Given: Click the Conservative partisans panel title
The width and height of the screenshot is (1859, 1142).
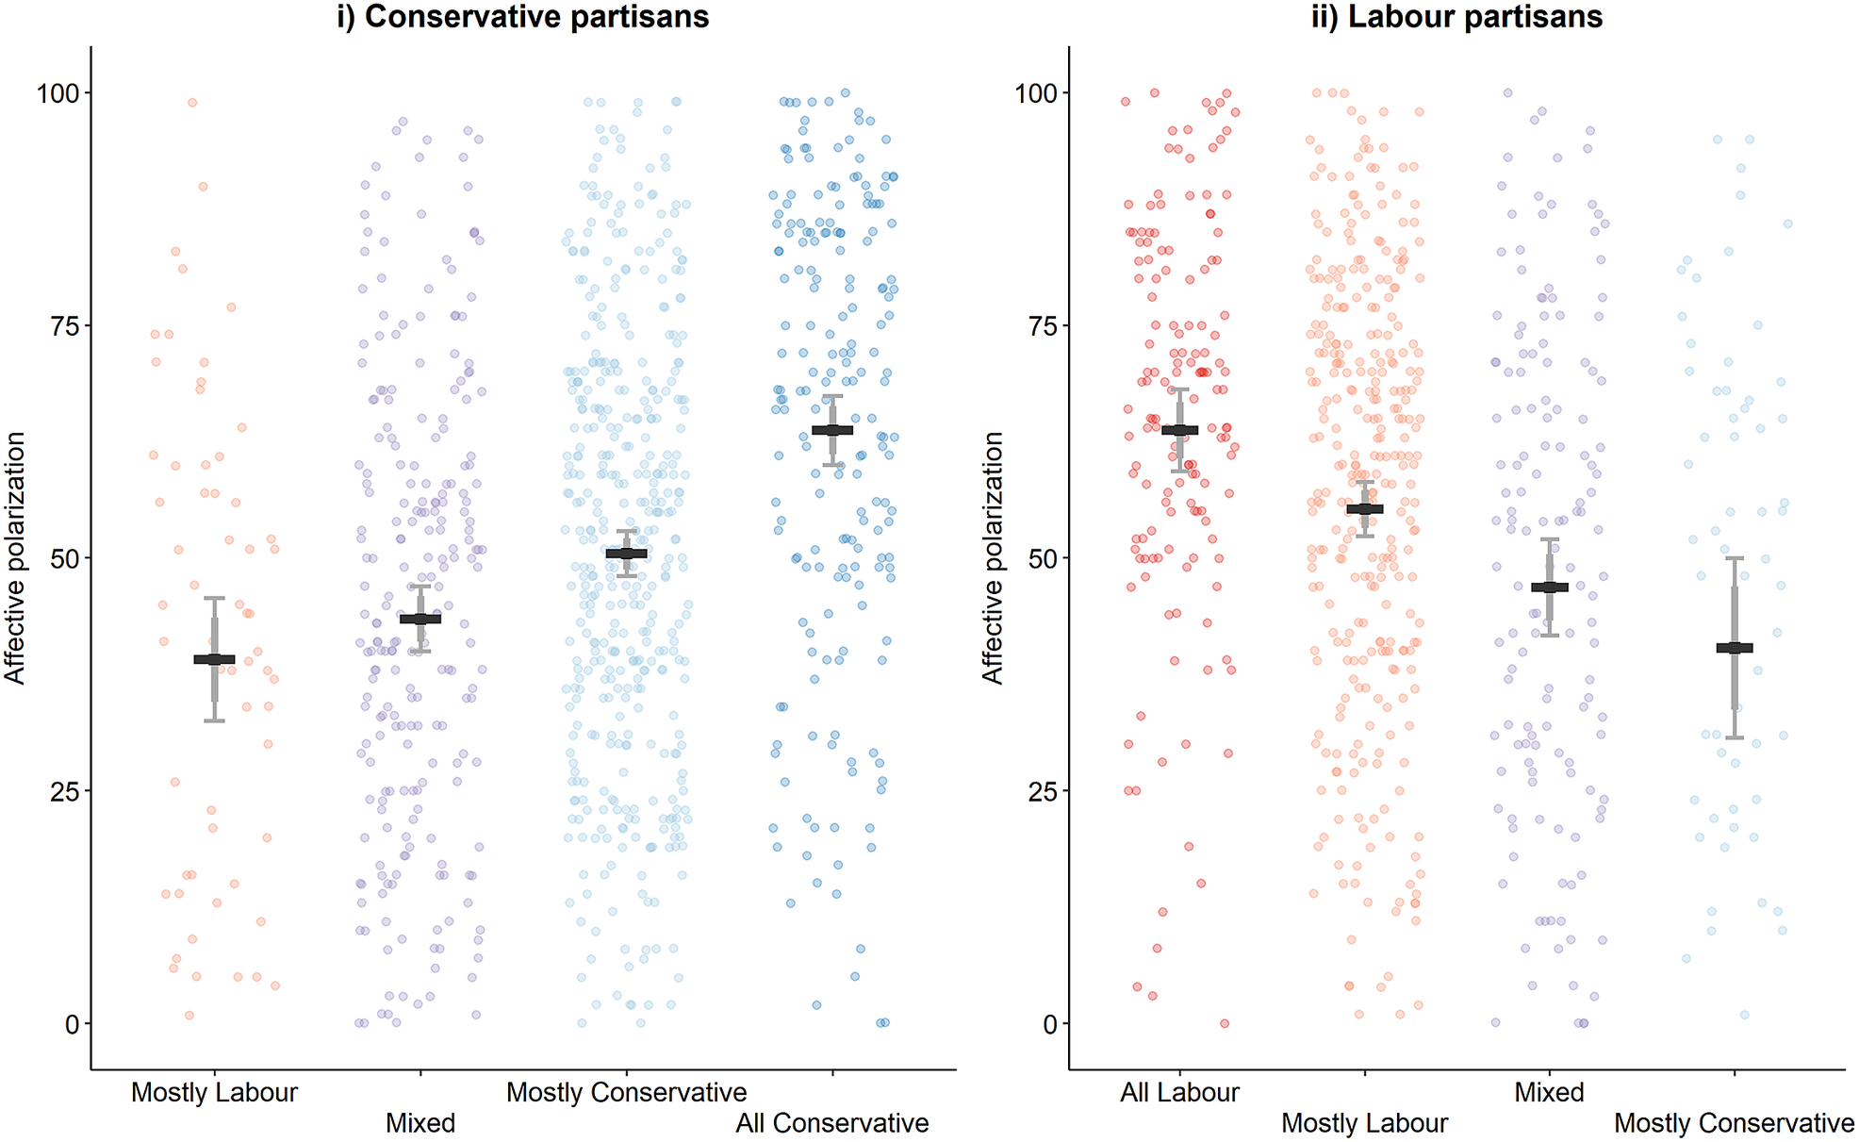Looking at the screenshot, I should coord(523,17).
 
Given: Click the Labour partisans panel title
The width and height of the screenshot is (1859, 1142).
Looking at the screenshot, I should coord(1456,17).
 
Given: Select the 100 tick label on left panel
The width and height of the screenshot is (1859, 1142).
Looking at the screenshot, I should coord(58,92).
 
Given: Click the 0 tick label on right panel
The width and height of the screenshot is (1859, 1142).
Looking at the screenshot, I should coord(1049,1024).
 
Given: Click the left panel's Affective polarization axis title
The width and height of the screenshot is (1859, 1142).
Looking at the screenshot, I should coord(15,557).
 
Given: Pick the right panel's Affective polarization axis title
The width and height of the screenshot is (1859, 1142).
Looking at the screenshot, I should coord(993,557).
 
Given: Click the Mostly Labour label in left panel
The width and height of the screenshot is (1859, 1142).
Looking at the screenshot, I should coord(214,1092).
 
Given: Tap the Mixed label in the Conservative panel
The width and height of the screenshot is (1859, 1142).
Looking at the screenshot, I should coord(420,1123).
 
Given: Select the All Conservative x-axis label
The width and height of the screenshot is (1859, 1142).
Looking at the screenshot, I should coord(832,1123).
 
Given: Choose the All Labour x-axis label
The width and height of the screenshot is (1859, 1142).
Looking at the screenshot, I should coord(1179,1092).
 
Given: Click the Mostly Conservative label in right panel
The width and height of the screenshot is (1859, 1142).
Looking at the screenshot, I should coord(1734,1123).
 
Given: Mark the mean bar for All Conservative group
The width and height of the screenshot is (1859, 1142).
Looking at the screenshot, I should coord(832,430).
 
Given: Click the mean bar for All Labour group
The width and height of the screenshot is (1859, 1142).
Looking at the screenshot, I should coord(1179,430).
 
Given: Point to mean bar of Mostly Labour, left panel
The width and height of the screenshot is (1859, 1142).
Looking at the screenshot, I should coord(215,659).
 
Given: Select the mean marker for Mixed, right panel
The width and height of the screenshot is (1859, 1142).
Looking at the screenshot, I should coord(1550,588).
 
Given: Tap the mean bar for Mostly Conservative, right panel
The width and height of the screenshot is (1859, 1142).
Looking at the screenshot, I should coord(1735,648).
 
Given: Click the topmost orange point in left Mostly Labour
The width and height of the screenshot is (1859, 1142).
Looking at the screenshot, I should coord(192,103).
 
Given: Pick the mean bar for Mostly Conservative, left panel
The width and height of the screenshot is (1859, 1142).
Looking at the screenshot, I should coord(627,554).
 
